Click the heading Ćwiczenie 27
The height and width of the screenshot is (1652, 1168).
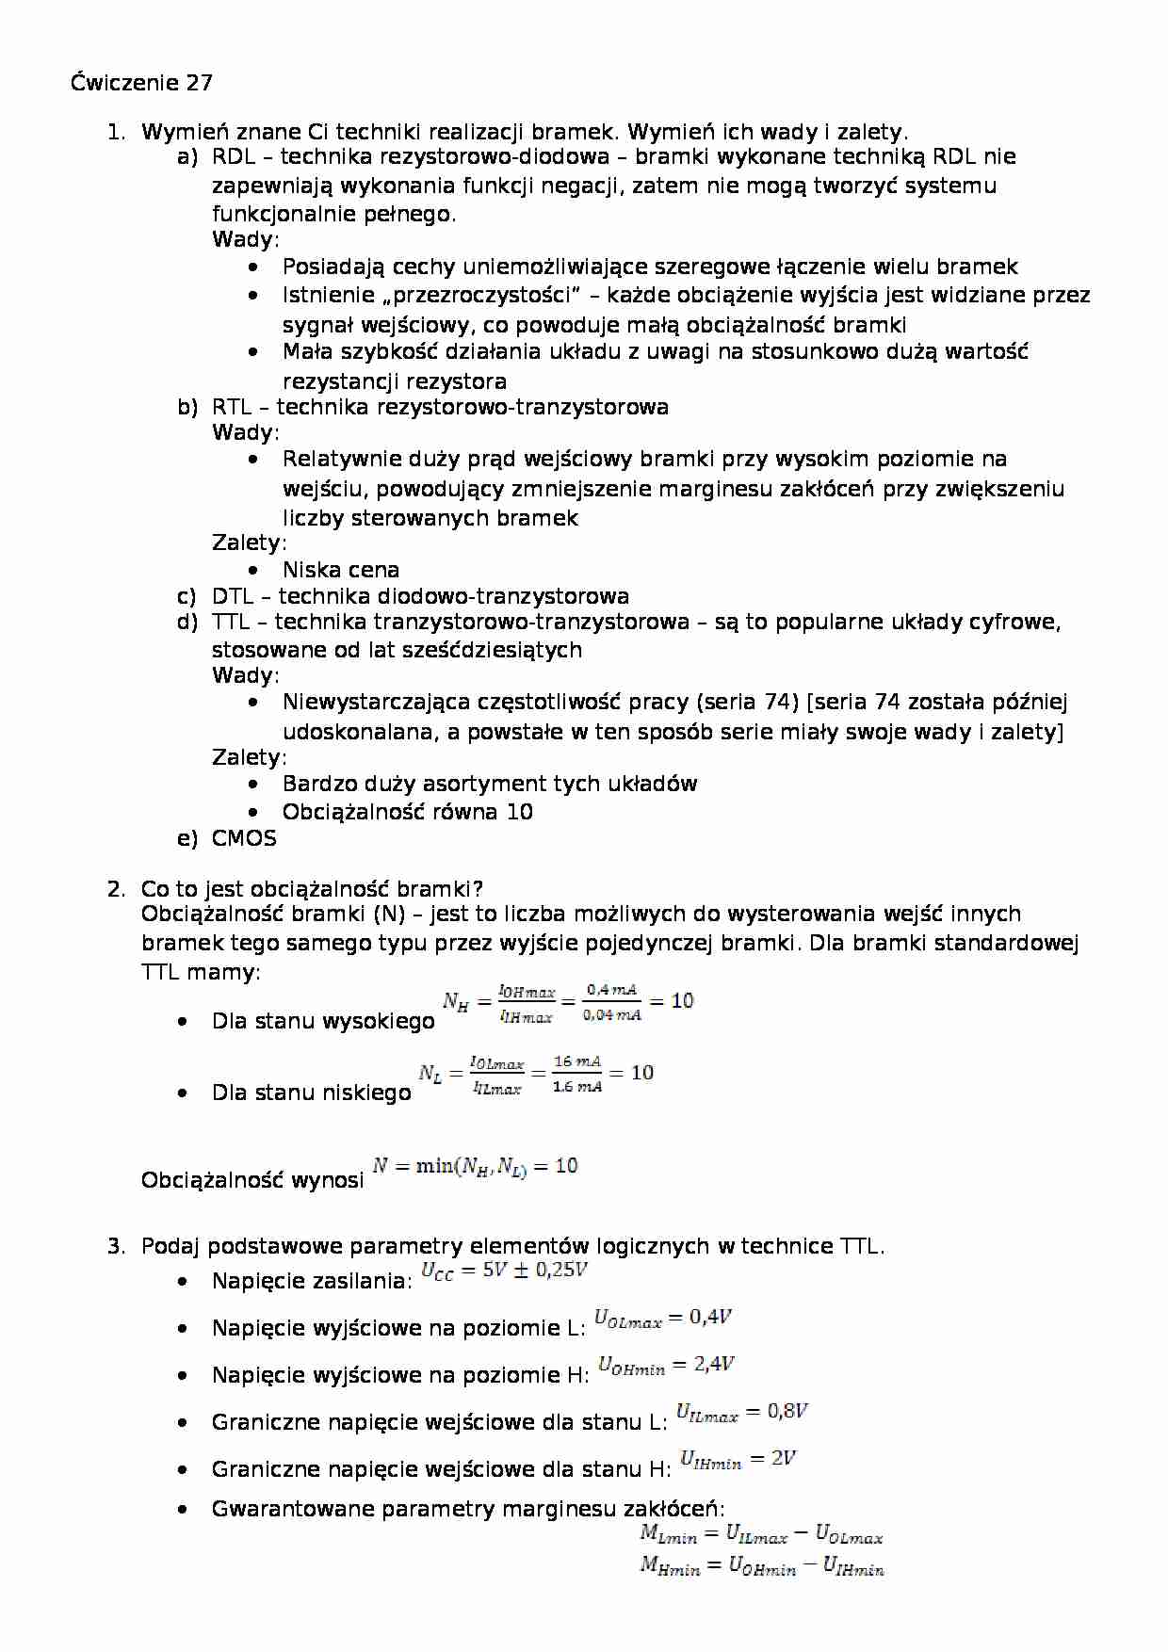[141, 83]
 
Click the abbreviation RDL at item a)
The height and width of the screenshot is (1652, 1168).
[234, 157]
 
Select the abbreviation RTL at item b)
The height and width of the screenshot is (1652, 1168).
[232, 407]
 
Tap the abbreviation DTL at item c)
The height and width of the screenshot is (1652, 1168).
[233, 596]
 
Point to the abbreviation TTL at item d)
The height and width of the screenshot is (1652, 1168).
[231, 622]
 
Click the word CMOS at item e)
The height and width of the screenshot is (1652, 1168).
[244, 838]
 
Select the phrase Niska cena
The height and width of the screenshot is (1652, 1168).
[340, 570]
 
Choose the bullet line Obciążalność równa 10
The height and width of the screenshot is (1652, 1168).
[407, 812]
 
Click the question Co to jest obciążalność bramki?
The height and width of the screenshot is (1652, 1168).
[312, 889]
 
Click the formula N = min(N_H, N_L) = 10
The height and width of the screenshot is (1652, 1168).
[475, 1167]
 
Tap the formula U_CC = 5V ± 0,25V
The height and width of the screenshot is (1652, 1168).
[504, 1271]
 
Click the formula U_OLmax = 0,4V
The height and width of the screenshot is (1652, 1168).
[663, 1319]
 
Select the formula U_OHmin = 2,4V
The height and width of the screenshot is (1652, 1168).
[666, 1366]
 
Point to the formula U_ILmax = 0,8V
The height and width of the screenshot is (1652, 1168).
[742, 1413]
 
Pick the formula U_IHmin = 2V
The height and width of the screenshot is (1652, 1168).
[738, 1460]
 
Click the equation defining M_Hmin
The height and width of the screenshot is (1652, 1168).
[761, 1567]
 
